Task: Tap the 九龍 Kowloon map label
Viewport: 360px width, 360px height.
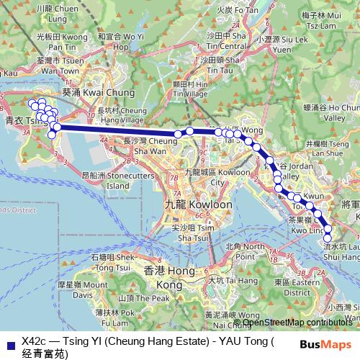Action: click(198, 204)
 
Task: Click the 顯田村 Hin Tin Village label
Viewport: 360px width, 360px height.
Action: click(190, 88)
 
